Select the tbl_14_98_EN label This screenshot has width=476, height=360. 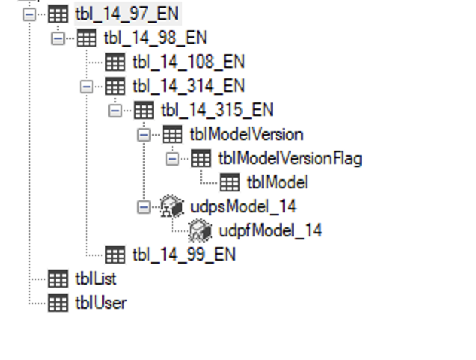tap(155, 38)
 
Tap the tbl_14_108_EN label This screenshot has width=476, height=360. tap(188, 62)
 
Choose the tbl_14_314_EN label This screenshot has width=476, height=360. tap(188, 86)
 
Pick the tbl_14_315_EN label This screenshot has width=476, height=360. tap(216, 110)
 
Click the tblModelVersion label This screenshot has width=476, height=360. tap(246, 134)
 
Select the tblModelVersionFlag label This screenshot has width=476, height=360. tap(290, 158)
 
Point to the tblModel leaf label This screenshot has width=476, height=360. tap(277, 182)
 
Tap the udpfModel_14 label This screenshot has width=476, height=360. tap(270, 230)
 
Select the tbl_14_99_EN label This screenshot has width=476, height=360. tap(184, 254)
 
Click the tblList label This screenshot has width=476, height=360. tap(96, 279)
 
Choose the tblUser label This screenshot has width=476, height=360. tap(100, 303)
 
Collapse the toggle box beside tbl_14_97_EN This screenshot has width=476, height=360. tap(29, 14)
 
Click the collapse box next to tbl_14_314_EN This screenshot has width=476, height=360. tap(87, 86)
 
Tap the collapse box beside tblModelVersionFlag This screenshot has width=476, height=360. tap(172, 158)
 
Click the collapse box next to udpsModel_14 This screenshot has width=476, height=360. tap(144, 206)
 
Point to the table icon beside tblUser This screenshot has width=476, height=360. tap(58, 303)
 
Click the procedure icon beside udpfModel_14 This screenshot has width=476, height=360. tap(200, 230)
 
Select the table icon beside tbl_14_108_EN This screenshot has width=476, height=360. tap(115, 62)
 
